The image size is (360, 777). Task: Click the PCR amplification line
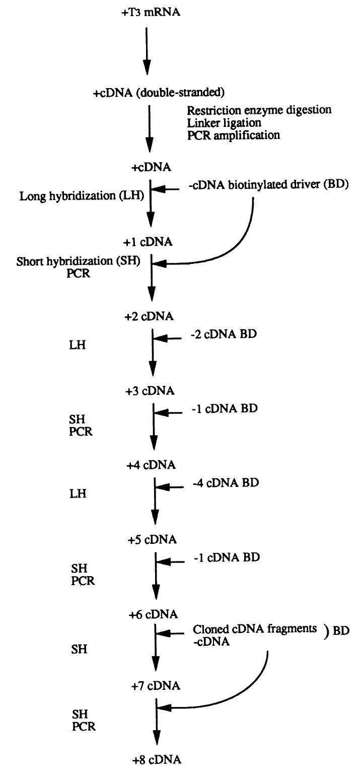233,135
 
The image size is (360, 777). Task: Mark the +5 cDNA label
152,540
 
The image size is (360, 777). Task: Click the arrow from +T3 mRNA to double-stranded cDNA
146,50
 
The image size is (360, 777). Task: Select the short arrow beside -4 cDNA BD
169,487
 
